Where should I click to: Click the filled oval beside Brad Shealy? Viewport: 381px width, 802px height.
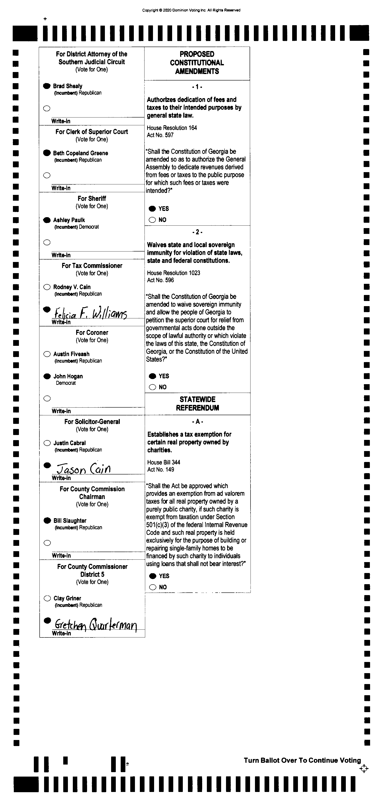pyautogui.click(x=47, y=86)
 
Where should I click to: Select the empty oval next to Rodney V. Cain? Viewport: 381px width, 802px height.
pyautogui.click(x=47, y=287)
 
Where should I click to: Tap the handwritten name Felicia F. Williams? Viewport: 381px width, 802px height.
pyautogui.click(x=90, y=313)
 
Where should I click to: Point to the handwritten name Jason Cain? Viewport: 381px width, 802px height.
pyautogui.click(x=83, y=468)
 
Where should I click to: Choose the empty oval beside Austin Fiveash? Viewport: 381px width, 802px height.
pyautogui.click(x=47, y=354)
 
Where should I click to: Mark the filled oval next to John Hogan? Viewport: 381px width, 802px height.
pyautogui.click(x=47, y=376)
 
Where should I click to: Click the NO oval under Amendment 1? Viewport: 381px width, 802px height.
pyautogui.click(x=152, y=220)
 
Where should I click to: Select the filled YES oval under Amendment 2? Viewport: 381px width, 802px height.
pyautogui.click(x=152, y=376)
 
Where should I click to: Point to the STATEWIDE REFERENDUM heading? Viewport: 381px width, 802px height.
pyautogui.click(x=198, y=404)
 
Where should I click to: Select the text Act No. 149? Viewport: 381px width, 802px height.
pyautogui.click(x=161, y=470)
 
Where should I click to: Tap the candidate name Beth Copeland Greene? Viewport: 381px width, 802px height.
pyautogui.click(x=81, y=153)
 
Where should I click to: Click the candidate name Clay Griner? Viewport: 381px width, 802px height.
pyautogui.click(x=67, y=598)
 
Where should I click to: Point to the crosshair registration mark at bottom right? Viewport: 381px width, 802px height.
pyautogui.click(x=364, y=769)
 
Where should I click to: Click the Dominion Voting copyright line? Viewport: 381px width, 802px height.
pyautogui.click(x=191, y=10)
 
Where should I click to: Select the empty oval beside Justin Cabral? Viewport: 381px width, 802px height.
pyautogui.click(x=47, y=443)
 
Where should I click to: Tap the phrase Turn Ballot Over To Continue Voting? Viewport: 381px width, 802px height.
pyautogui.click(x=302, y=760)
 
